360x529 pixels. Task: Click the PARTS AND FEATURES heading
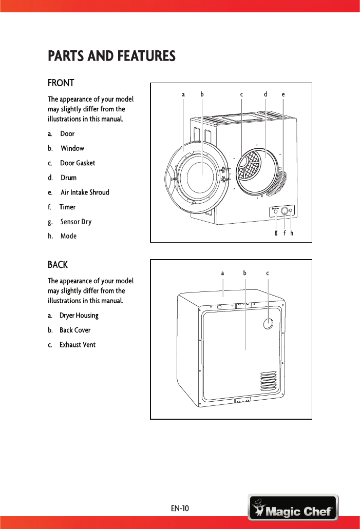point(111,55)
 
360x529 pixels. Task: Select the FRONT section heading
point(61,83)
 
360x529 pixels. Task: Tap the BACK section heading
point(58,265)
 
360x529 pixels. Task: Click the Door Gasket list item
point(77,163)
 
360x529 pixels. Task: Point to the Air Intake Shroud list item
point(84,192)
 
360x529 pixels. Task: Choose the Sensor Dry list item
point(75,222)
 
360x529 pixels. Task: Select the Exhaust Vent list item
point(77,345)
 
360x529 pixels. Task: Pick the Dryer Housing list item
point(79,316)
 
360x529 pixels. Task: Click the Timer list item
point(67,207)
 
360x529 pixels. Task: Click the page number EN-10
point(180,508)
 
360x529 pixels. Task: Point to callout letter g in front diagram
point(276,232)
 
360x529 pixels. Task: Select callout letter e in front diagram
point(283,94)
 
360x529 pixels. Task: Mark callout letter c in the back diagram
point(268,273)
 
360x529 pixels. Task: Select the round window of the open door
point(201,175)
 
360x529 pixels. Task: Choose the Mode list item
point(68,237)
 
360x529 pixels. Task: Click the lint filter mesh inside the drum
point(248,165)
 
